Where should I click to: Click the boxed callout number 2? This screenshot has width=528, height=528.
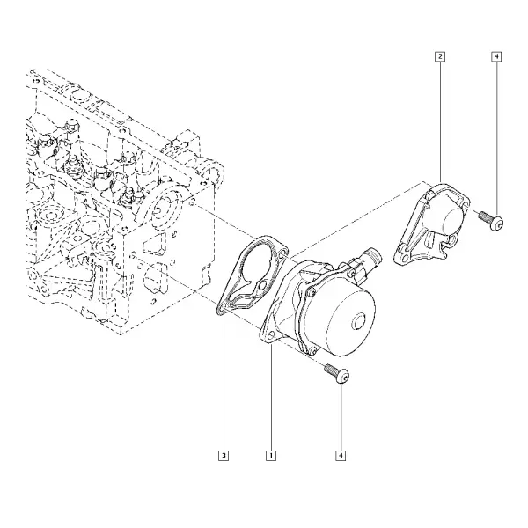(x=440, y=56)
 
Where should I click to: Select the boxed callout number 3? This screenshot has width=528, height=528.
(x=224, y=456)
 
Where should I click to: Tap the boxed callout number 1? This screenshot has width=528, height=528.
(x=271, y=456)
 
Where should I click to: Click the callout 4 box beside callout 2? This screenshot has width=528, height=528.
(x=496, y=56)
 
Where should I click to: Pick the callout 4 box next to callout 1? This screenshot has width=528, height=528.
(x=341, y=456)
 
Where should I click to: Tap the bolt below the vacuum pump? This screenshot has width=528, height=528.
(x=337, y=373)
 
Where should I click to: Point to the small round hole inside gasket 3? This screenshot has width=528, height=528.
(x=262, y=287)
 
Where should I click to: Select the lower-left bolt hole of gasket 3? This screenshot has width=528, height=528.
(x=223, y=307)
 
